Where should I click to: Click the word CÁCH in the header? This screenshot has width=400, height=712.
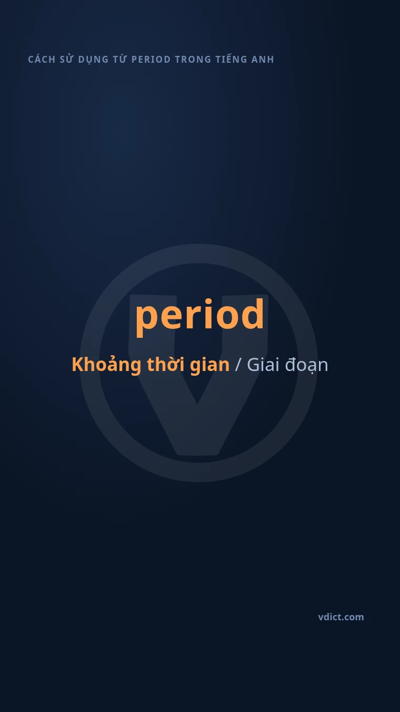pyautogui.click(x=42, y=59)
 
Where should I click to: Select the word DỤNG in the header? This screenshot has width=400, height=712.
pyautogui.click(x=93, y=60)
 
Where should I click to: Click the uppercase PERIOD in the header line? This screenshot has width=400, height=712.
pyautogui.click(x=151, y=60)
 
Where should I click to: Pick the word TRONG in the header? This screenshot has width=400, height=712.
pyautogui.click(x=193, y=60)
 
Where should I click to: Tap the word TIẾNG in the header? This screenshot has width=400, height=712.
pyautogui.click(x=232, y=59)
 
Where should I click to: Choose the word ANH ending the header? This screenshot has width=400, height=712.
pyautogui.click(x=263, y=60)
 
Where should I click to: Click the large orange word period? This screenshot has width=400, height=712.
pyautogui.click(x=199, y=316)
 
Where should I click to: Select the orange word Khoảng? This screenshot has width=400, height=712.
pyautogui.click(x=106, y=365)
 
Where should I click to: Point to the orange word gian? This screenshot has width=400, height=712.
pyautogui.click(x=209, y=366)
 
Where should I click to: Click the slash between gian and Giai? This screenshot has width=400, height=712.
pyautogui.click(x=238, y=365)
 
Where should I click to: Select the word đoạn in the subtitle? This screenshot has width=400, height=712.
pyautogui.click(x=306, y=365)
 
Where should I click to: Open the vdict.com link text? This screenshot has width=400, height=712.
pyautogui.click(x=341, y=617)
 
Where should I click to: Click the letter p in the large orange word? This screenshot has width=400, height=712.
pyautogui.click(x=147, y=319)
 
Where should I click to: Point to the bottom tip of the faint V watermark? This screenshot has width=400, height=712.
pyautogui.click(x=197, y=455)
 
